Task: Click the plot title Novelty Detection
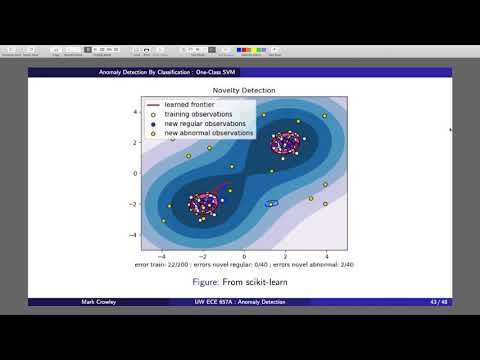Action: pos(245,91)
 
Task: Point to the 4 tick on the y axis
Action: pos(135,111)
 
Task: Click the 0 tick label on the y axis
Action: pos(135,173)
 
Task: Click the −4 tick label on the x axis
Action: pos(162,256)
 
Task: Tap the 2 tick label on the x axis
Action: pos(286,256)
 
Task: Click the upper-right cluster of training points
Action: pos(285,142)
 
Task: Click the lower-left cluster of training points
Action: pos(205,204)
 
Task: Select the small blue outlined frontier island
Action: pos(271,203)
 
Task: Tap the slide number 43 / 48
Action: pos(437,302)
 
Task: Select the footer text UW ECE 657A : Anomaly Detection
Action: pos(241,302)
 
